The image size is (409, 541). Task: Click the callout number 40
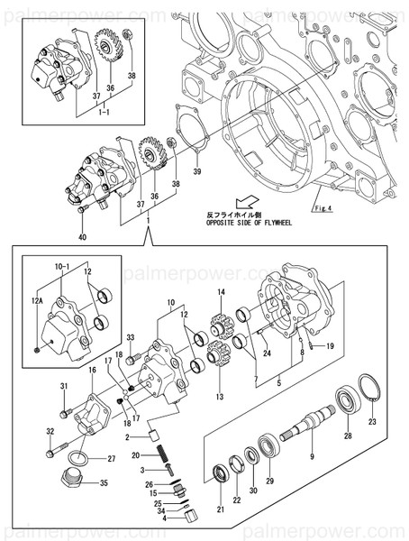coord(82,237)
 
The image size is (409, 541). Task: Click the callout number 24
coord(266,342)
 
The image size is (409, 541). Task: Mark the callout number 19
coord(330,345)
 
